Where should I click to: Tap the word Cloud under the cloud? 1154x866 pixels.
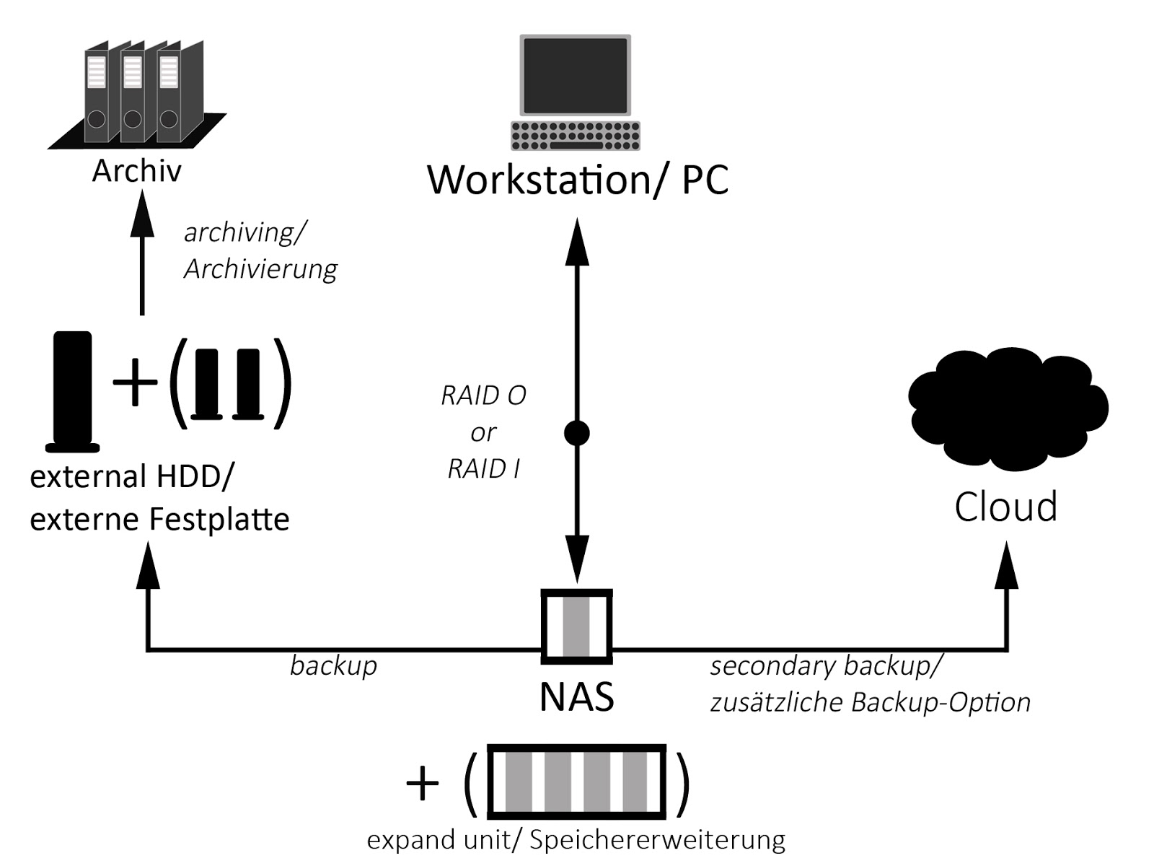click(1005, 507)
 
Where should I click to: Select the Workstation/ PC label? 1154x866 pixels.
click(578, 180)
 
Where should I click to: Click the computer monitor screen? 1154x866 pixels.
click(575, 75)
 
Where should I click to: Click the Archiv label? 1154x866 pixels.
click(136, 171)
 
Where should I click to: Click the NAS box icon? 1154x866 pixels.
click(577, 626)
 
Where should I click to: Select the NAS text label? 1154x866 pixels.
click(577, 697)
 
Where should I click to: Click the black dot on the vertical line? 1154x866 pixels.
click(576, 433)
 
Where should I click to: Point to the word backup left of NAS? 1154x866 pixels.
click(333, 665)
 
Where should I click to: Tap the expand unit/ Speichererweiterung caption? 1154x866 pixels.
click(576, 840)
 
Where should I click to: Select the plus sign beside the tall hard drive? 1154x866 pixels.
click(135, 383)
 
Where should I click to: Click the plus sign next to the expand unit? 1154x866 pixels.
click(423, 783)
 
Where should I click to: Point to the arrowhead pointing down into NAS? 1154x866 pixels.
click(576, 559)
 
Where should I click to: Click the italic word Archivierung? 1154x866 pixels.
click(260, 269)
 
